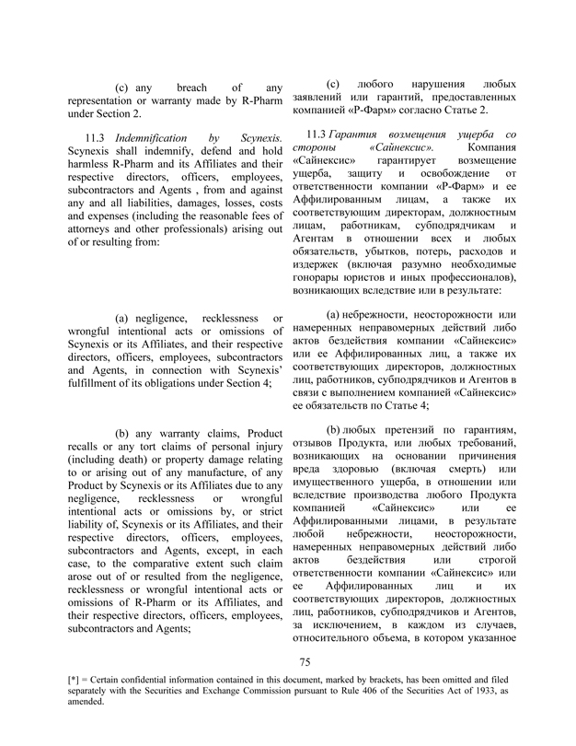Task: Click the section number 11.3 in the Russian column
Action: (x=328, y=135)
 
